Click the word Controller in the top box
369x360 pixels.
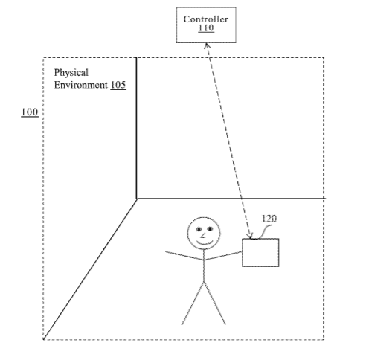click(205, 19)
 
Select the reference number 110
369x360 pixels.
click(206, 28)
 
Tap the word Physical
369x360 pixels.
click(71, 73)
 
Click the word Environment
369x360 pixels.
click(81, 85)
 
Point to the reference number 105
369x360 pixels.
click(118, 85)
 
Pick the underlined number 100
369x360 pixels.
click(30, 112)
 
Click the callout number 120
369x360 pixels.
click(269, 219)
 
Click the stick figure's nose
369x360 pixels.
click(203, 236)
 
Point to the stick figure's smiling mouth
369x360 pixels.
click(205, 242)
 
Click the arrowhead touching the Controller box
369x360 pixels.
click(207, 45)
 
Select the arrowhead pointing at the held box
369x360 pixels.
click(250, 237)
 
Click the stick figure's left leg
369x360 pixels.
click(193, 303)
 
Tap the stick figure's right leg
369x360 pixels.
click(215, 303)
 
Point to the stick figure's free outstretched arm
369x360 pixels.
click(184, 256)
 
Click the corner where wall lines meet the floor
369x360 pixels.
click(137, 199)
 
